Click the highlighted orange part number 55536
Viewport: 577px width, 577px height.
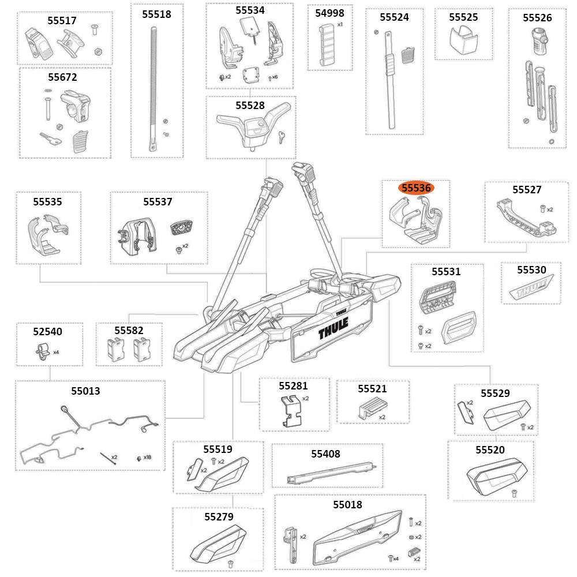[417, 188]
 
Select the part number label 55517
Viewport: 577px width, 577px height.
[62, 21]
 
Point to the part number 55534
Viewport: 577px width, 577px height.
[250, 10]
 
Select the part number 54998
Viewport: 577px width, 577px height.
[330, 13]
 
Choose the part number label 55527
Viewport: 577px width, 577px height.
[527, 189]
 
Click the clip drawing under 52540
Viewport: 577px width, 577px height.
[42, 350]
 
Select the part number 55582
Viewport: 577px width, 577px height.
[129, 331]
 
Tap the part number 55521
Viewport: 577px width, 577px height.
[372, 389]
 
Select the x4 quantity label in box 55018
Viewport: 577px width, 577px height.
[396, 558]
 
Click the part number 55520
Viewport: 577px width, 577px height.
[490, 449]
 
